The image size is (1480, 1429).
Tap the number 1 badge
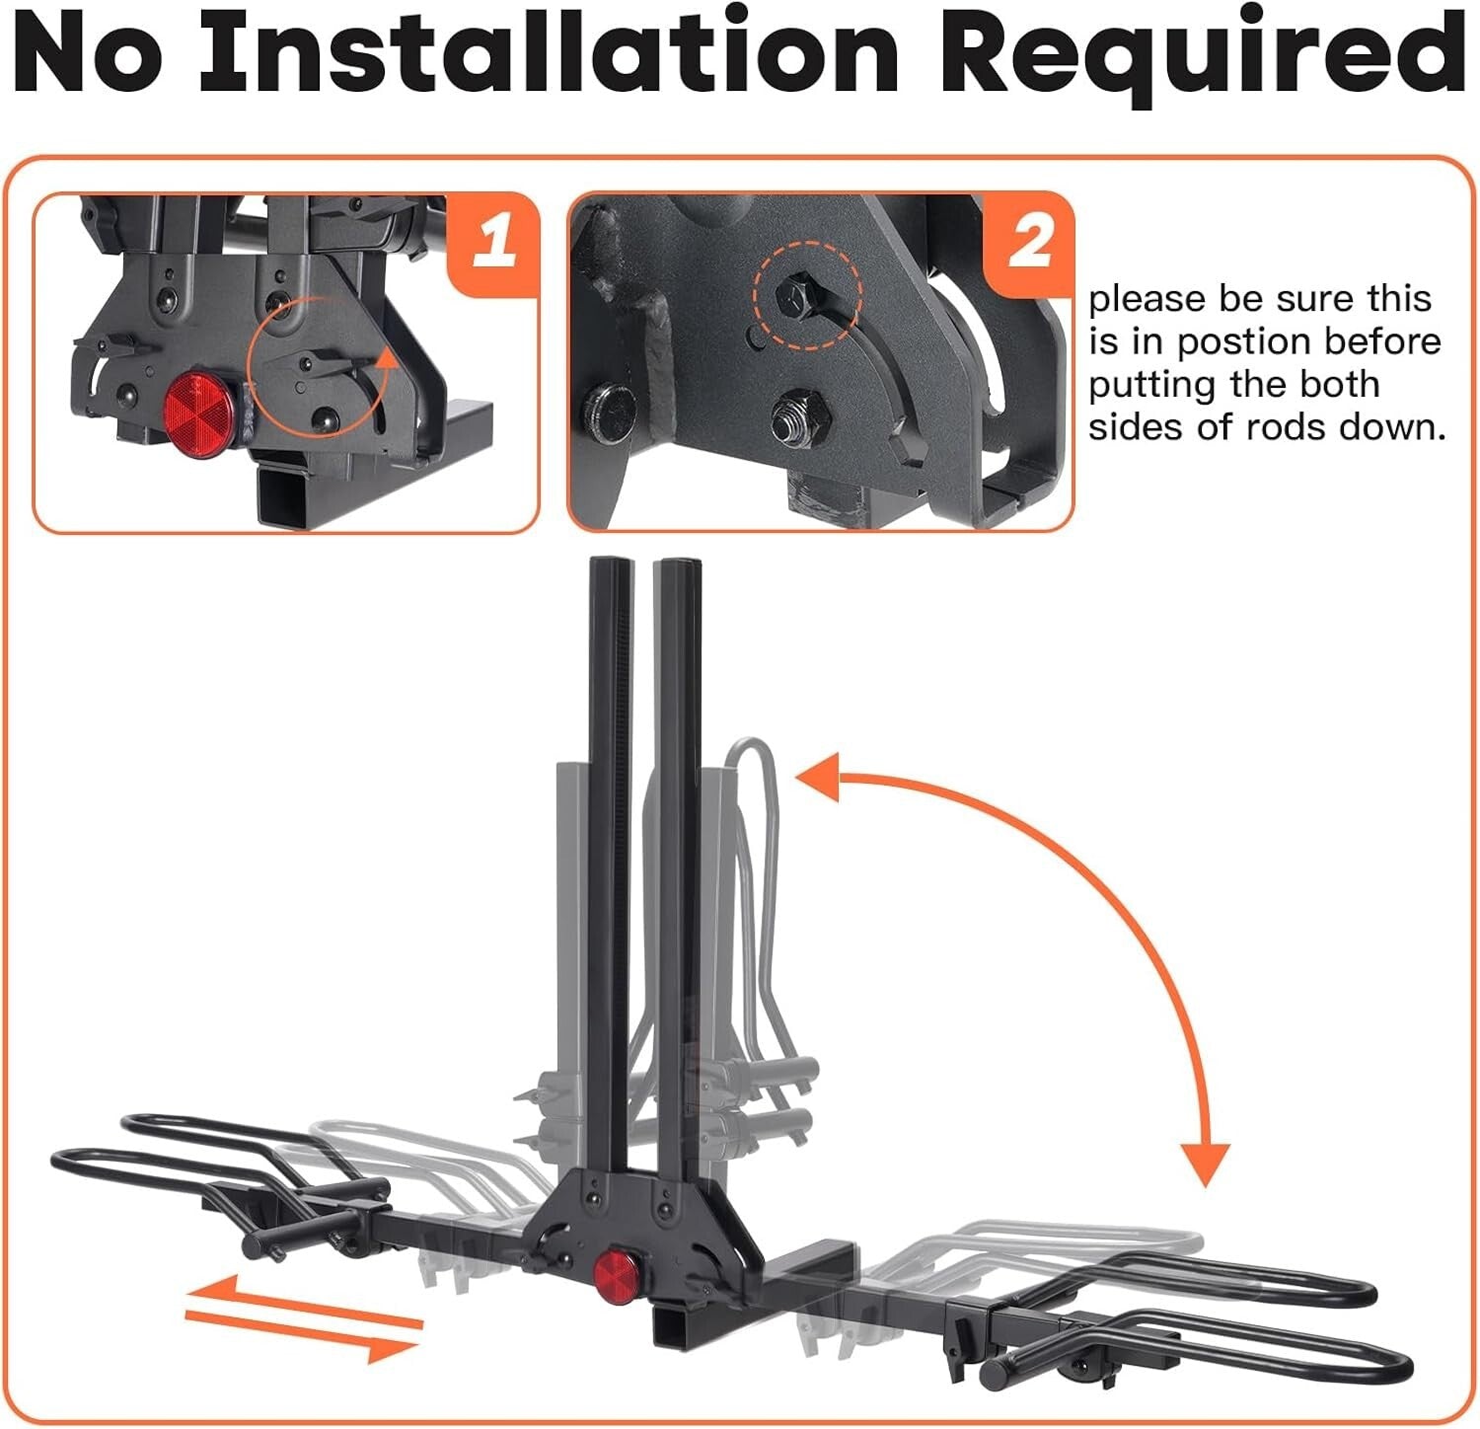[493, 241]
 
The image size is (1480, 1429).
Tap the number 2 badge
[1029, 243]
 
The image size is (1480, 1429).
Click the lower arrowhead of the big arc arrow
[1206, 1165]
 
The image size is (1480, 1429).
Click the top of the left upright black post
[604, 567]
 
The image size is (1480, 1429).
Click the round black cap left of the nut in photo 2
[603, 406]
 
